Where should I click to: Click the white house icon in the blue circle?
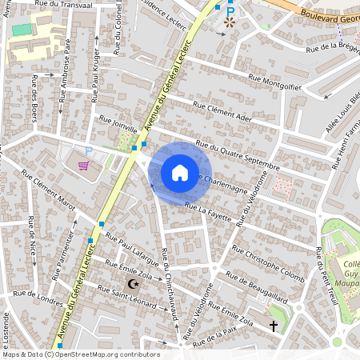(x=179, y=173)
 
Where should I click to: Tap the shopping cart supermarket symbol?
(x=83, y=166)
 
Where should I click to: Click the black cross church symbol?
(x=274, y=326)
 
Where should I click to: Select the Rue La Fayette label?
(x=207, y=210)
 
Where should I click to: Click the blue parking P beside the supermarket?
(x=89, y=150)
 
